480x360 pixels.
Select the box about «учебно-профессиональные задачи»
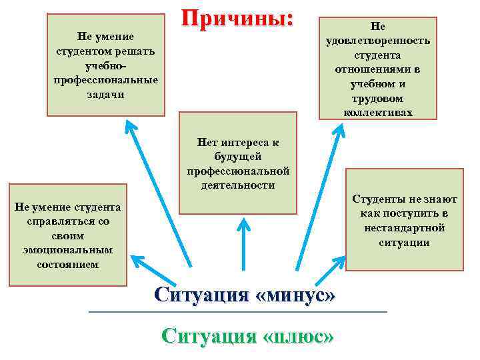[105, 65]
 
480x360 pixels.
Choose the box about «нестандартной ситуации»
[405, 220]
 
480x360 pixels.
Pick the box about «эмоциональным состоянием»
[67, 235]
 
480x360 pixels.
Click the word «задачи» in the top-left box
[105, 95]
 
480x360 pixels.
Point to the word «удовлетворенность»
[378, 41]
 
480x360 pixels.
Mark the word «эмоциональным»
[68, 249]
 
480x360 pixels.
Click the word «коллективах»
[378, 113]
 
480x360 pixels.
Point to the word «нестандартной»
[405, 228]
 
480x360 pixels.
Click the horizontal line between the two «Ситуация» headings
[237, 312]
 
